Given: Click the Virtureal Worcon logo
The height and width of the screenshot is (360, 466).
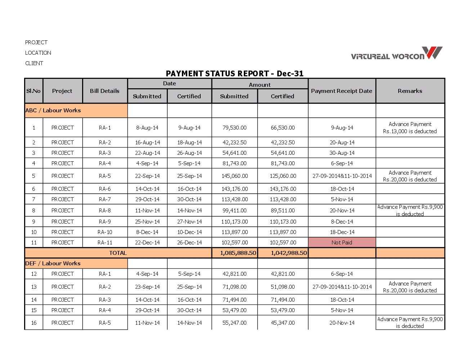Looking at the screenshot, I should [396, 54].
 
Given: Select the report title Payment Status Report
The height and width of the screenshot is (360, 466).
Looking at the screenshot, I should [234, 74].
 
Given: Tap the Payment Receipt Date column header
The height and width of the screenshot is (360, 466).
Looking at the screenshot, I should [341, 91].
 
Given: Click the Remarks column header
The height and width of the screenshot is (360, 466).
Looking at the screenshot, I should [410, 91].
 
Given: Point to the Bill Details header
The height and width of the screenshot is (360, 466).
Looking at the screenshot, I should [104, 91].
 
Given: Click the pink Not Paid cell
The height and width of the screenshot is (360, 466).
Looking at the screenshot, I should [342, 243].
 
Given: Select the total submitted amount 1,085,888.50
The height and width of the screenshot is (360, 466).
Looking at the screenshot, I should [238, 253].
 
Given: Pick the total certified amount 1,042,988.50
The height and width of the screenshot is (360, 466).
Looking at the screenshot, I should [289, 253].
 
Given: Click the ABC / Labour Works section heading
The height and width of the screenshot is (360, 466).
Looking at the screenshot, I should [53, 111].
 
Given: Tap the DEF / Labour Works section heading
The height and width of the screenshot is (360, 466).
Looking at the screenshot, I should [53, 264].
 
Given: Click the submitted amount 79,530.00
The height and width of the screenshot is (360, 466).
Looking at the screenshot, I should [234, 128].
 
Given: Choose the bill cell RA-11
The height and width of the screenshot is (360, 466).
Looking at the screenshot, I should [105, 243].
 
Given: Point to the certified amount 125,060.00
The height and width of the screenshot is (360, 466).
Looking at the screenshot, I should [283, 176].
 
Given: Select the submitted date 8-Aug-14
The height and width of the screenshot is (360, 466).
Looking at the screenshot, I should [147, 128].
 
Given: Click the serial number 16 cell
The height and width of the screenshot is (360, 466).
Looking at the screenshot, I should [34, 323].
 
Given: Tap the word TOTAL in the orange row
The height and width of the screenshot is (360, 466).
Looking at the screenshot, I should [118, 253].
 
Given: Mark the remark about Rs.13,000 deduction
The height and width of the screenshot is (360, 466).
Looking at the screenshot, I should [410, 128].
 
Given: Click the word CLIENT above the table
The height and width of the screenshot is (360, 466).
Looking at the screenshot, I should [34, 63].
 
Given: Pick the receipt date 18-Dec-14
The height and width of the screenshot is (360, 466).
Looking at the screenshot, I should [342, 232].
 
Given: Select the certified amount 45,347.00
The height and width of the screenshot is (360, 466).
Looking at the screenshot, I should [283, 323].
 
